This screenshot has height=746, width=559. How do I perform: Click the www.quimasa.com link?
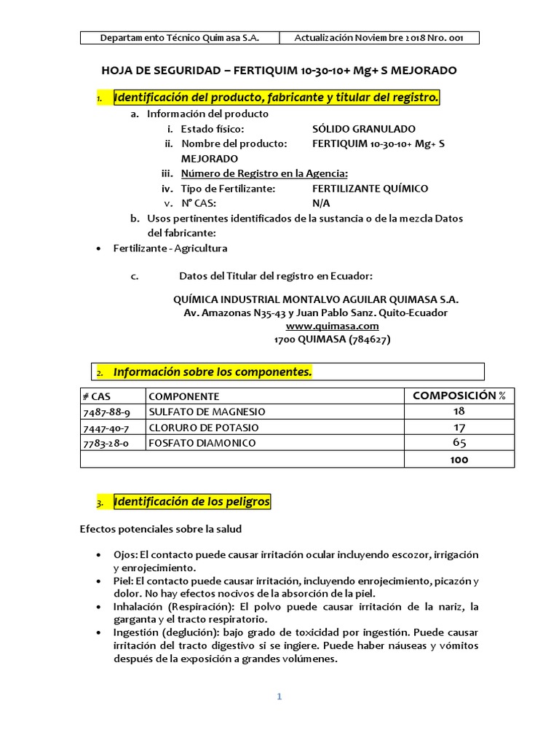pos(316,326)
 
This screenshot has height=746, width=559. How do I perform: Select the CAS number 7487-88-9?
pos(107,412)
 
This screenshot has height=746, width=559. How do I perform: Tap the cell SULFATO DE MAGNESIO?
pos(207,412)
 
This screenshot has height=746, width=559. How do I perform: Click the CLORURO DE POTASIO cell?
pos(204,428)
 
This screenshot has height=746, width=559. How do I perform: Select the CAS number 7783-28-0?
pos(107,443)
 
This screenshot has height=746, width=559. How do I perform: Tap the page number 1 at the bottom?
pos(279,696)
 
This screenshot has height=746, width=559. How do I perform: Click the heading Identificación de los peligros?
pos(191,502)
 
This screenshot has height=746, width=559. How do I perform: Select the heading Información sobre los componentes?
pos(213,372)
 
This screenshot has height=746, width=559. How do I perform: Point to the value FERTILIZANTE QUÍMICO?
pos(370,189)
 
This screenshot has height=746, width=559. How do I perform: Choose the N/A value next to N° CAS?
pos(320,203)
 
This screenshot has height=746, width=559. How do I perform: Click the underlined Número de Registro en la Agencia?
pos(264,173)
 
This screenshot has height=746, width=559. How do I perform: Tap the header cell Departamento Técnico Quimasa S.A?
pos(179,38)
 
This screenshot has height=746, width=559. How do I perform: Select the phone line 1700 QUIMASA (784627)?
pos(316,339)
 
